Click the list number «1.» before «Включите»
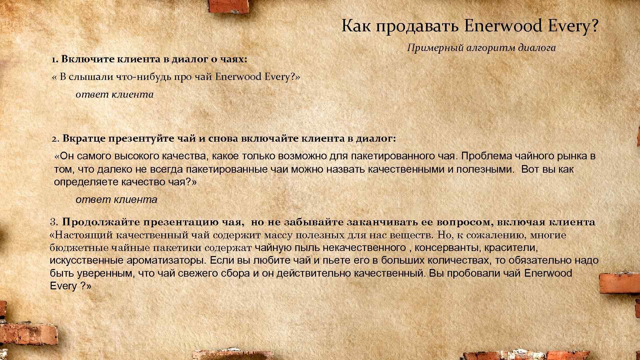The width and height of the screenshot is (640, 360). tap(55, 60)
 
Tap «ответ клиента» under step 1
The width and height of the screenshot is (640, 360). tap(115, 95)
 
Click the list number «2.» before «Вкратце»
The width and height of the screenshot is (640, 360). tap(55, 139)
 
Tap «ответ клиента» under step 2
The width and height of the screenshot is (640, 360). tap(116, 200)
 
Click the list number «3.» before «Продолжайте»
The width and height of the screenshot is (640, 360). tap(54, 222)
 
